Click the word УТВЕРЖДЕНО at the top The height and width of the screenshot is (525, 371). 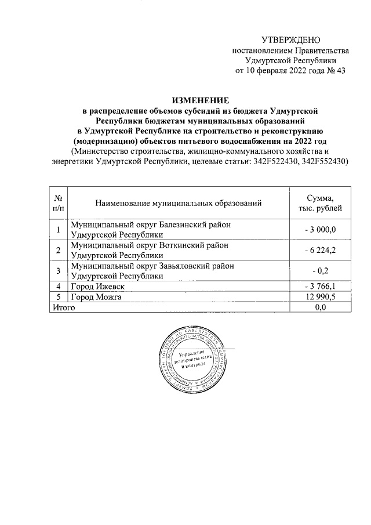pos(290,40)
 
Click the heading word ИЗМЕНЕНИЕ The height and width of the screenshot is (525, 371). pos(200,100)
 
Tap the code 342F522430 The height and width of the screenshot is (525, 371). pos(274,162)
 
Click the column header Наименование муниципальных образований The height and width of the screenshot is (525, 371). pos(179,203)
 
